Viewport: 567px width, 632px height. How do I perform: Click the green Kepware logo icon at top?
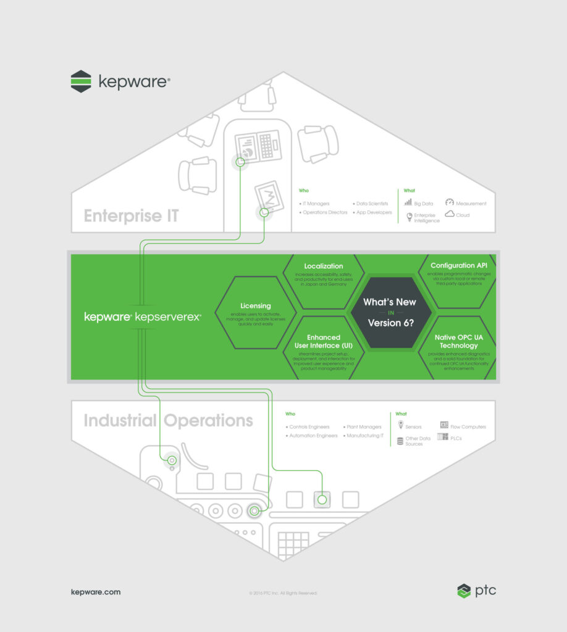tap(81, 81)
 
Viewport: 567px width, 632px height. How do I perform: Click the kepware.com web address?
tap(96, 592)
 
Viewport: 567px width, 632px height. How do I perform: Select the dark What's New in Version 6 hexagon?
tap(389, 312)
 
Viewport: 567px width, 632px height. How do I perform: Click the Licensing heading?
tap(256, 306)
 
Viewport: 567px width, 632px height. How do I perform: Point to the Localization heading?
tap(324, 266)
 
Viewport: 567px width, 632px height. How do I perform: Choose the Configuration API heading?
tap(458, 265)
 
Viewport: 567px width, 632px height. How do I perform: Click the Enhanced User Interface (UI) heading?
tap(324, 341)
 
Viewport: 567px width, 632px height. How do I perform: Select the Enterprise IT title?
tap(131, 216)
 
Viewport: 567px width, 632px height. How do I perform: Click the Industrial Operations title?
tap(168, 420)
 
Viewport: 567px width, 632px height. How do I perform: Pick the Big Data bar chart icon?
tap(408, 202)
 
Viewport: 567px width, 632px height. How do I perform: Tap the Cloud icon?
tap(450, 214)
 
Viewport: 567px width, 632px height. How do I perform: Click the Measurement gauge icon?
tap(450, 202)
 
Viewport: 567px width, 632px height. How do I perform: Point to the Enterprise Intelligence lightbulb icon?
tap(408, 216)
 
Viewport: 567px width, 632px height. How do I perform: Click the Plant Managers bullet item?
tap(363, 426)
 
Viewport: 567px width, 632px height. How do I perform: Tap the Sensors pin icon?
tap(401, 425)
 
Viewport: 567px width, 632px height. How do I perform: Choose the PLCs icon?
tap(443, 437)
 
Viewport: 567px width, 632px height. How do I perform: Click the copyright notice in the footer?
tap(283, 592)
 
